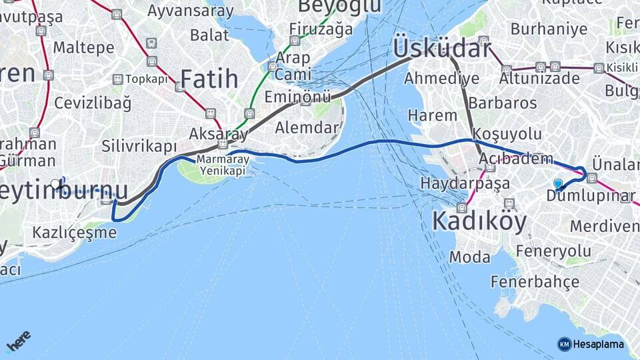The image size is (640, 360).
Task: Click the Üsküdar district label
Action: [x=442, y=47]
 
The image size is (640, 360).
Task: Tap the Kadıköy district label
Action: [x=479, y=221]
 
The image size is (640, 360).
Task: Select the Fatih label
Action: [x=209, y=79]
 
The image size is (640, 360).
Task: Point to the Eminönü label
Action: [x=297, y=97]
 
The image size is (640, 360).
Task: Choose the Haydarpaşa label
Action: [x=465, y=183]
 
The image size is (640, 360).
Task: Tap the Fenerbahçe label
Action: [x=535, y=281]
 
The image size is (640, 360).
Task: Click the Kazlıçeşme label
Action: [x=74, y=233]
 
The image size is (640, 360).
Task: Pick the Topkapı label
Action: [x=146, y=79]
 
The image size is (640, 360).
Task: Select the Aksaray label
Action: [x=218, y=133]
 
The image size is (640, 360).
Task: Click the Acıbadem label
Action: [x=515, y=159]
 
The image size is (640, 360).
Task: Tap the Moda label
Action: [x=469, y=257]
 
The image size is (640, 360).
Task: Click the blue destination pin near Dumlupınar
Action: [x=558, y=183]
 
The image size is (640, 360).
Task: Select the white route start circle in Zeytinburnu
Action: [x=55, y=183]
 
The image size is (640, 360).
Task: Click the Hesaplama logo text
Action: [x=598, y=344]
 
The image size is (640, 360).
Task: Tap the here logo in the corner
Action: [x=18, y=342]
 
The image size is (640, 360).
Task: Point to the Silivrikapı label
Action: [x=139, y=146]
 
